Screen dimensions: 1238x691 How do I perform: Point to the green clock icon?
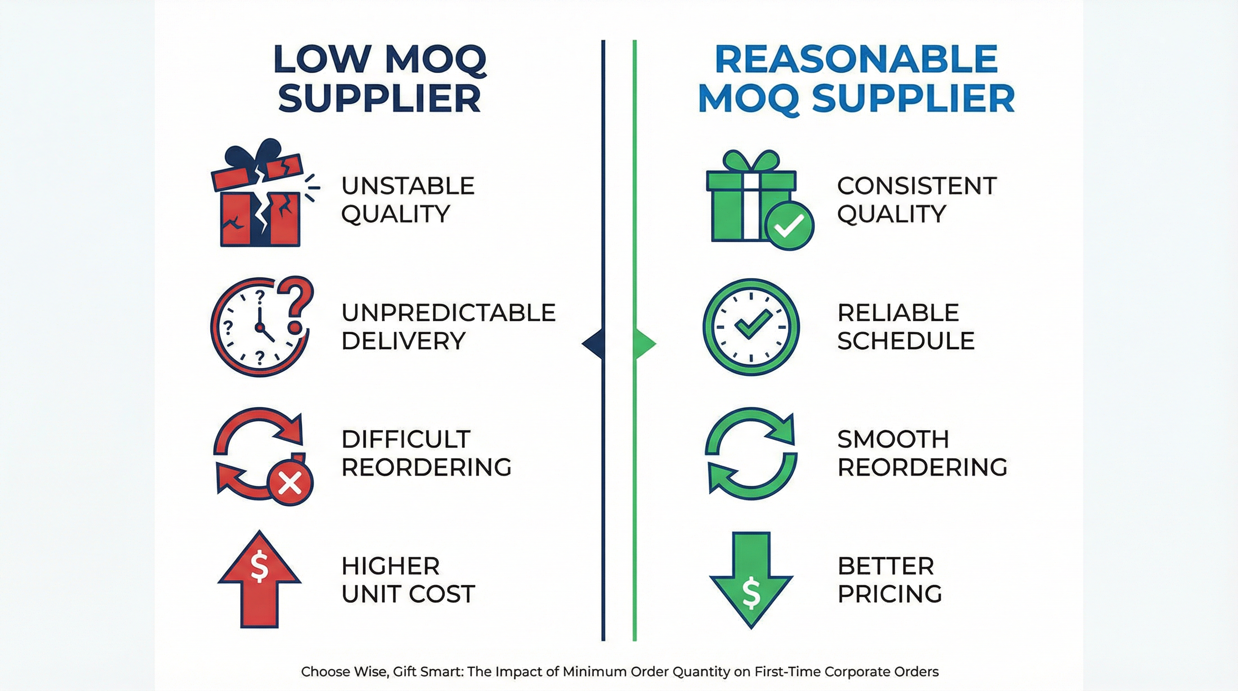coord(751,327)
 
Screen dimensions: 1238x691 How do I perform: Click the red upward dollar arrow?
coord(260,579)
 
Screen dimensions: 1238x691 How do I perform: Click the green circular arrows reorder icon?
coord(751,453)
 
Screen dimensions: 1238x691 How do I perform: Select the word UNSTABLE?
coord(408,186)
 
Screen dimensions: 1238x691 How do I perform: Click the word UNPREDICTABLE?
coord(449,313)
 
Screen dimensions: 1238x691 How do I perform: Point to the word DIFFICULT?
coord(406,439)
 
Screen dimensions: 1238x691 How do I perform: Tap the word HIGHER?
coord(390,566)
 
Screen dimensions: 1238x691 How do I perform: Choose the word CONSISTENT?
coord(917,186)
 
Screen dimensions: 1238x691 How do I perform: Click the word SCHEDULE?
coord(906,341)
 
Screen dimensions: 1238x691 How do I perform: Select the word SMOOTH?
coord(893,439)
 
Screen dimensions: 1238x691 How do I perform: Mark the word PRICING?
coord(889,594)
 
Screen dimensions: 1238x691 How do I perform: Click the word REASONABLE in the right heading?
coord(856,59)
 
